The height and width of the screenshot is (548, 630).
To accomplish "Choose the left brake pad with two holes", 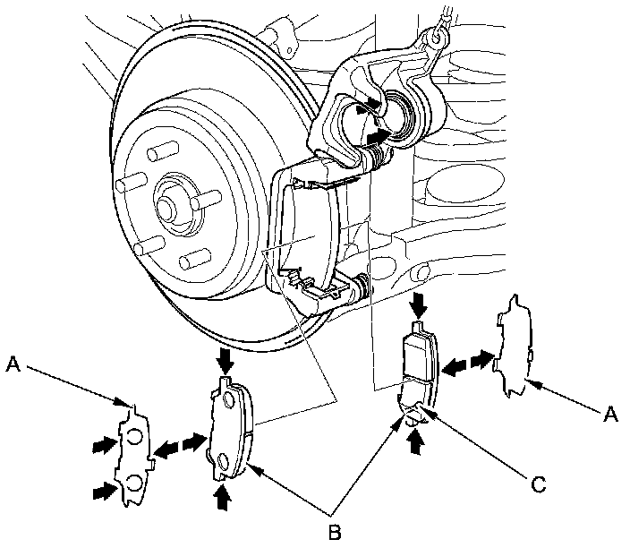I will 232,428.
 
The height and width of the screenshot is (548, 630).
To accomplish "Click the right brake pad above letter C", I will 418,367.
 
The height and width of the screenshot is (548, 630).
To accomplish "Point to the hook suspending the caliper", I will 436,37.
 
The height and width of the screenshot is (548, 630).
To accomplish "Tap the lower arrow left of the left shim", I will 104,490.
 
